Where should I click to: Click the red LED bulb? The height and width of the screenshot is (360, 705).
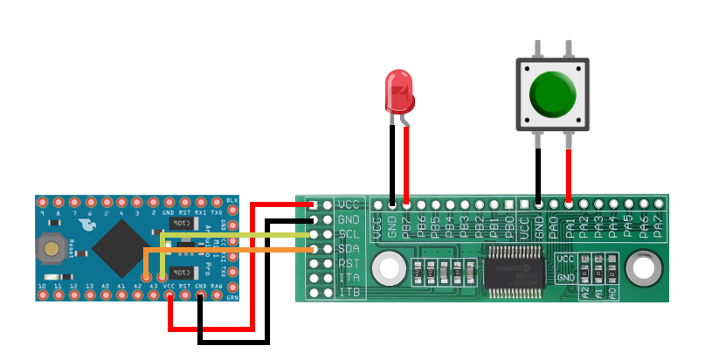point(399,93)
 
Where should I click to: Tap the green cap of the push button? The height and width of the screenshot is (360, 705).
point(552,94)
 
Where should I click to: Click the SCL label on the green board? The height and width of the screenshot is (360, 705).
point(349,234)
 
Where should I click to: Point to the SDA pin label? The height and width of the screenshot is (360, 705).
point(349,249)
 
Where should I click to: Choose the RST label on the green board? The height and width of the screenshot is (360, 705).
point(349,263)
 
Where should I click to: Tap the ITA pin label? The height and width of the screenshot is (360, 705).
point(349,277)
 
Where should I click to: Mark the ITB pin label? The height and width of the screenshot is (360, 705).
point(349,291)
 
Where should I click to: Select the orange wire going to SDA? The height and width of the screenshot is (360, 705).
point(227,250)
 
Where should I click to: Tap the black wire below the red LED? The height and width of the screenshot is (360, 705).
point(392,162)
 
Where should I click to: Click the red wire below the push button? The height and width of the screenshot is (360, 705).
point(569,175)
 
